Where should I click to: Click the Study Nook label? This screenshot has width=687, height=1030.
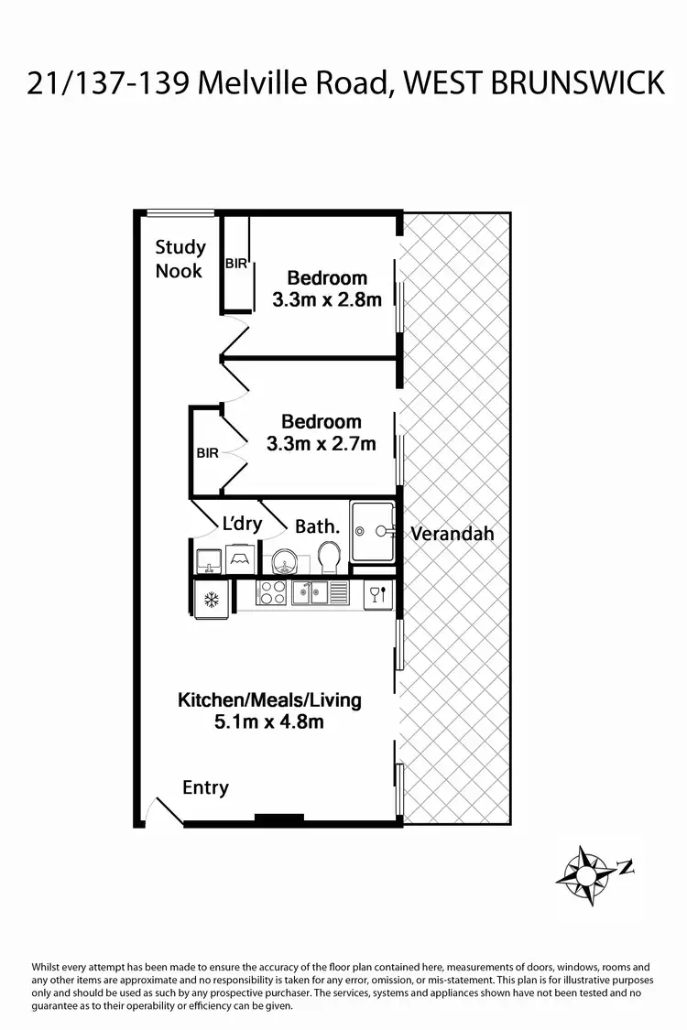click(180, 258)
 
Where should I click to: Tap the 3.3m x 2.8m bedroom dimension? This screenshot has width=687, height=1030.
click(326, 298)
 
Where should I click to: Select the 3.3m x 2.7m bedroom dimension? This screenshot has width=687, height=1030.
click(321, 444)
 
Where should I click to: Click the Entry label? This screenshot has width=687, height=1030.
click(205, 787)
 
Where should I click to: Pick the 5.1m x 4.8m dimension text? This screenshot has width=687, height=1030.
click(269, 721)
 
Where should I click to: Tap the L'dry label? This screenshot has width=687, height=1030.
click(243, 525)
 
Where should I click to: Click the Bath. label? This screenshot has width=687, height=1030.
click(317, 526)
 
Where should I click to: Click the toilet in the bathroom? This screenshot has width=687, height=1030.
click(330, 555)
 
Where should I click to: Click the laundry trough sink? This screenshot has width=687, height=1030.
click(207, 560)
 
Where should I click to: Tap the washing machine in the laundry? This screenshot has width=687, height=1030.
click(240, 558)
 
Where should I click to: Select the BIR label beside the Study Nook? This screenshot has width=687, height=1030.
click(236, 264)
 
